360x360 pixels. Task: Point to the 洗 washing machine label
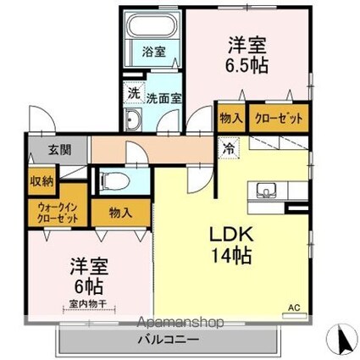click(x=134, y=91)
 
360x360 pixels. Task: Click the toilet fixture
click(x=114, y=180)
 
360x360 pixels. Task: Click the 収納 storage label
click(x=43, y=180)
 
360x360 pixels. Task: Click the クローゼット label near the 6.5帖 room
click(x=279, y=119)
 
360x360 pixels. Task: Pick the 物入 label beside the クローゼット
click(x=230, y=119)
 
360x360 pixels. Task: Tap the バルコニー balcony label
click(x=169, y=340)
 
